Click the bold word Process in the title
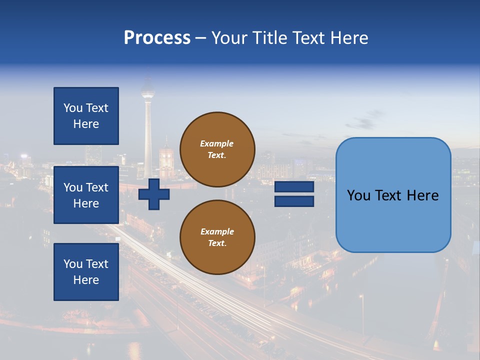point(157,38)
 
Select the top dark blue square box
point(86,116)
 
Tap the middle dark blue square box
point(86,195)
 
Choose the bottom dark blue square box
point(86,272)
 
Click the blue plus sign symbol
point(154,194)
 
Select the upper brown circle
point(217,149)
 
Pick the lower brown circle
point(217,237)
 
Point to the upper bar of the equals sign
point(294,187)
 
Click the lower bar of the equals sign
point(294,201)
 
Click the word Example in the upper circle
point(217,143)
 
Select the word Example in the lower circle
point(217,231)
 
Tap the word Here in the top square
point(86,124)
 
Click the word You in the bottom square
point(73,264)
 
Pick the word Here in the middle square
point(86,203)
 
